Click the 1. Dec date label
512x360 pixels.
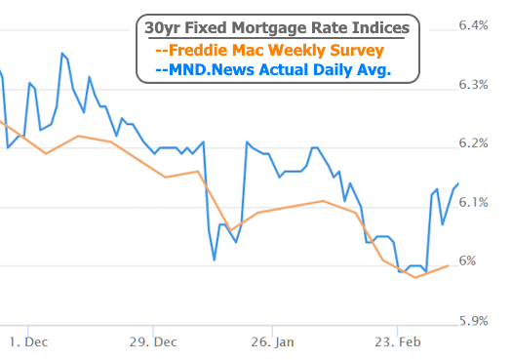point(28,341)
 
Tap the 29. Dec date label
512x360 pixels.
point(152,341)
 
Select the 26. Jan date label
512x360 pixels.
point(272,341)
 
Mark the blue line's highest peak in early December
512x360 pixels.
point(62,53)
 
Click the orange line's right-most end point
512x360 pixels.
point(448,265)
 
